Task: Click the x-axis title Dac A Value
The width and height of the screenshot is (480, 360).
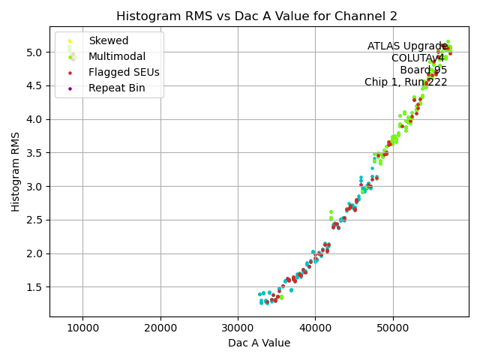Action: point(259,343)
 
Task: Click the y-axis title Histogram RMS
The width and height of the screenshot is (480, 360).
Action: point(16,172)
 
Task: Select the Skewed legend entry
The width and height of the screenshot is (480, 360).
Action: point(108,40)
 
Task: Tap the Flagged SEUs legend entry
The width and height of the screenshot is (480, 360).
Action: point(124,72)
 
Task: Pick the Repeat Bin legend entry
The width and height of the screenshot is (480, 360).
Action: point(117,88)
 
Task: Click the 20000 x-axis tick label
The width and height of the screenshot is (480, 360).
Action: point(160,328)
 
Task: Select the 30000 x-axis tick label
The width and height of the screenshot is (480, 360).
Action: point(238,328)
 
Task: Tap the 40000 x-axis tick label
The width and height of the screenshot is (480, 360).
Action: point(315,328)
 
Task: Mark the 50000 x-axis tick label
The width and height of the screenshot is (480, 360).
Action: point(392,328)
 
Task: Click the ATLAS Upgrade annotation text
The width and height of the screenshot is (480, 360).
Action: point(407,46)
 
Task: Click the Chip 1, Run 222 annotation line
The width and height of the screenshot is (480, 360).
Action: point(406,82)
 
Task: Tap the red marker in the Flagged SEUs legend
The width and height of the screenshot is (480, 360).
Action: point(70,73)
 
